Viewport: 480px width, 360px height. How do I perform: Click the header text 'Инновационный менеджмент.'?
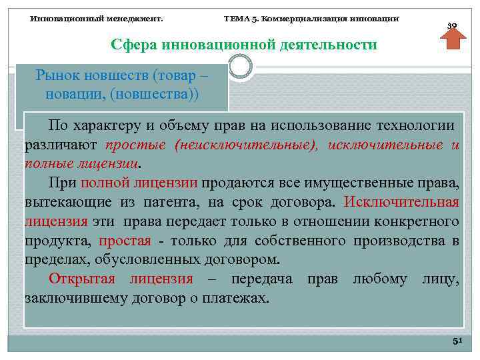[x=97, y=19]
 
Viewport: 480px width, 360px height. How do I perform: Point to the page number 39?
[x=452, y=26]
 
